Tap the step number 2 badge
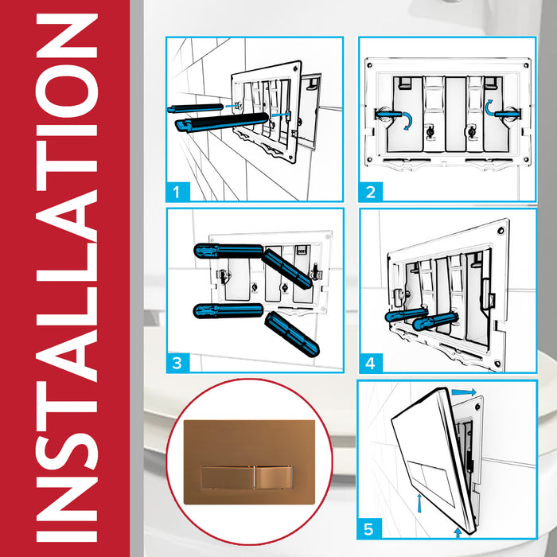[370, 191]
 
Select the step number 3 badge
[178, 363]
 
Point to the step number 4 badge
[370, 363]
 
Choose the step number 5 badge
[370, 527]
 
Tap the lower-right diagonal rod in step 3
[291, 334]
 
